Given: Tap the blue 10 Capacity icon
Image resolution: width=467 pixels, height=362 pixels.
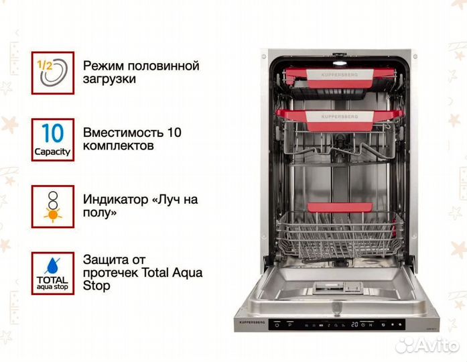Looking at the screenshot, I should point(52,139).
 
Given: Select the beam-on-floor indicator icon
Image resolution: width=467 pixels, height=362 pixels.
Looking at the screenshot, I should point(52,206).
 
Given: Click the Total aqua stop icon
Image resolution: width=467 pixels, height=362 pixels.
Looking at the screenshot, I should point(52,273).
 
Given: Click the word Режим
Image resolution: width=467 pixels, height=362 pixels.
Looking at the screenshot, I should point(103,66).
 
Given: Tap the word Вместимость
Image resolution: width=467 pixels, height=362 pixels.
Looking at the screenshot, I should point(123,132).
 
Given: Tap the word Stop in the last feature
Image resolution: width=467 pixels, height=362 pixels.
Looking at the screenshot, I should point(97,286).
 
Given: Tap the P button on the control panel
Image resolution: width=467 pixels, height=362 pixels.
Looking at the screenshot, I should point(291,324).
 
